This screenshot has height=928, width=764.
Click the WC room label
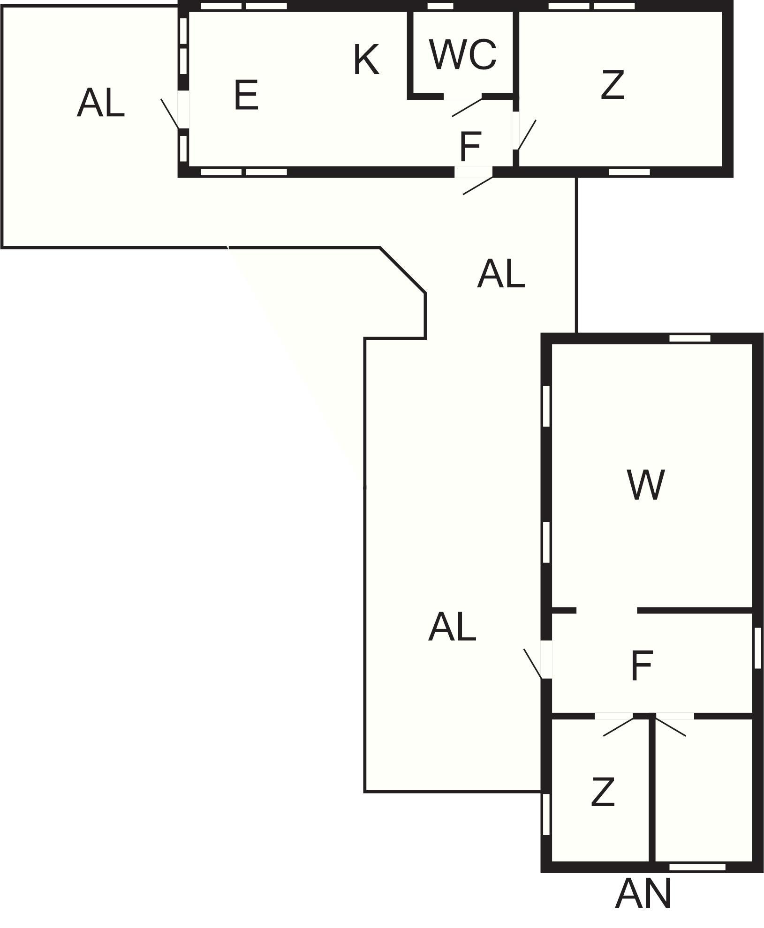(x=462, y=54)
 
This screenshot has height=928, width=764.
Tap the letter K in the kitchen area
(x=366, y=60)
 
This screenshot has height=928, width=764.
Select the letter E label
(x=246, y=95)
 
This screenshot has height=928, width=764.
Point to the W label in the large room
(x=645, y=485)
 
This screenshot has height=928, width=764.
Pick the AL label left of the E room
(x=101, y=103)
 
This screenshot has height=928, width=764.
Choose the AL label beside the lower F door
(x=452, y=627)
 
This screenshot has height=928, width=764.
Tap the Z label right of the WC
(x=613, y=85)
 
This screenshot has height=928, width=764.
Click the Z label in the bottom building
(x=603, y=792)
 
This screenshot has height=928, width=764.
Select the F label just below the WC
(x=470, y=146)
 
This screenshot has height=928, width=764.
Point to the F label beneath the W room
(x=642, y=666)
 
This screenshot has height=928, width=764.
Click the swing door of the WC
(x=466, y=107)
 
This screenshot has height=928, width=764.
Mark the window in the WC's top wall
(x=441, y=6)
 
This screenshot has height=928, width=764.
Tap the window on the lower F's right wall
(x=758, y=648)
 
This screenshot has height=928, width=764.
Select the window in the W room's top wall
(x=689, y=338)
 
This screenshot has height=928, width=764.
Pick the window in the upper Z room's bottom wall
(x=629, y=172)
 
